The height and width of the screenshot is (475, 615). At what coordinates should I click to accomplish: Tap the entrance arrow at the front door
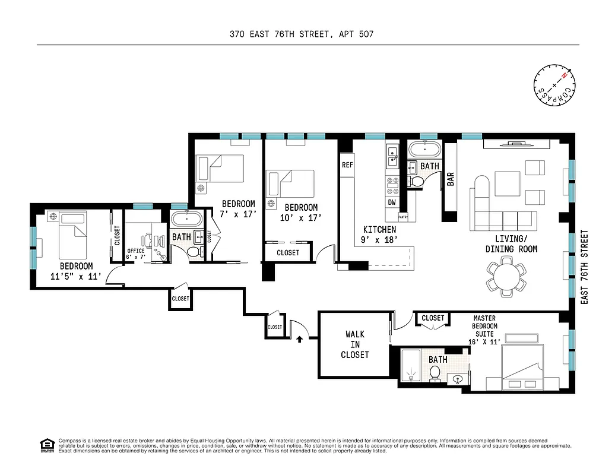coord(299,339)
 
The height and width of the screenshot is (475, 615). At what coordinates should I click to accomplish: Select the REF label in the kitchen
coord(347,166)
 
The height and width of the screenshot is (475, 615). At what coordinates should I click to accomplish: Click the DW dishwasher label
coord(392,202)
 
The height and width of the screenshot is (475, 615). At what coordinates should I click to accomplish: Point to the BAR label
coord(451,179)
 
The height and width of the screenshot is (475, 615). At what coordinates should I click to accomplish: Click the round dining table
coord(506,277)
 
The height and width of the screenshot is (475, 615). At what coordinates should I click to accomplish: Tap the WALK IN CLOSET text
coord(354,344)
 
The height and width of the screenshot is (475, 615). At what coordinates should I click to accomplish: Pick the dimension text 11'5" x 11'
coord(76,276)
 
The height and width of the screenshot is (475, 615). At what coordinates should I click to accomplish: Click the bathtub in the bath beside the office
coord(187,218)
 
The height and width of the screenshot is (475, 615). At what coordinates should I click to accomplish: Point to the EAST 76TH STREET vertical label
coord(584,267)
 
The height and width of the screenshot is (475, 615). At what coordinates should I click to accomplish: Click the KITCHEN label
coord(379,230)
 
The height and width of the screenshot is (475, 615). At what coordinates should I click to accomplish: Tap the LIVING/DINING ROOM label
coord(511,244)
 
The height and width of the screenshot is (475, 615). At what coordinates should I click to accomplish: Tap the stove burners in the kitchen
coord(392,186)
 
